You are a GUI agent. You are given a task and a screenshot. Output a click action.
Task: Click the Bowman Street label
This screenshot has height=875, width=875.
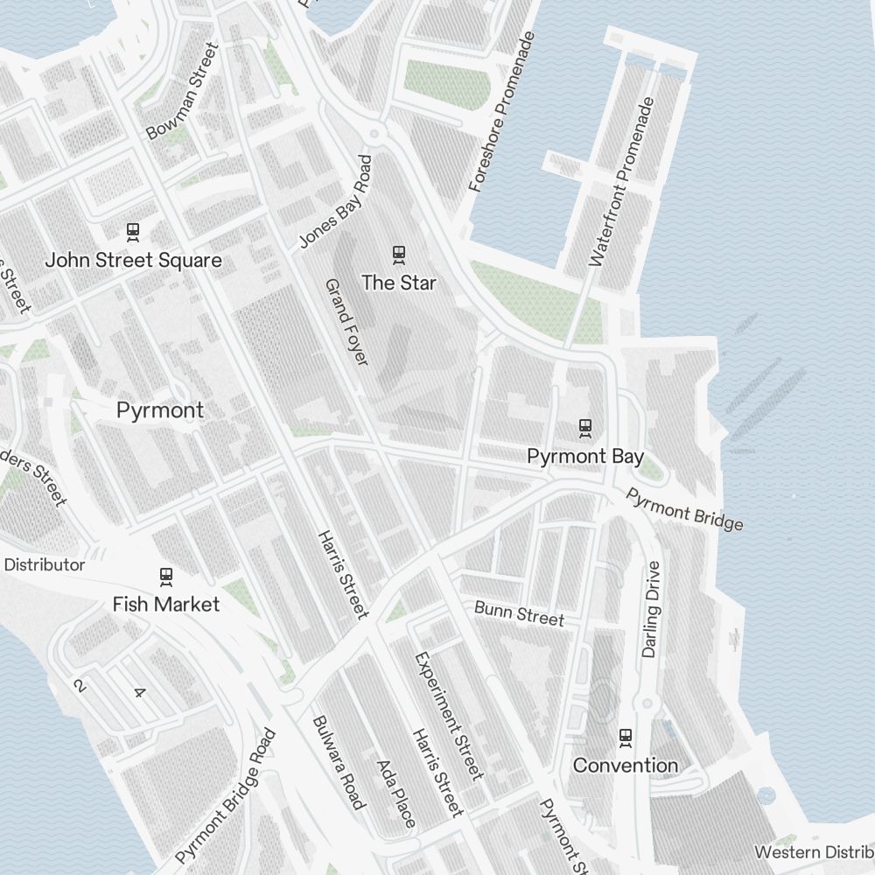[x=181, y=91]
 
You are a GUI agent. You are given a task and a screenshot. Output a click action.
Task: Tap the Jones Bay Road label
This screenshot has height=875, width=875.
[x=336, y=202]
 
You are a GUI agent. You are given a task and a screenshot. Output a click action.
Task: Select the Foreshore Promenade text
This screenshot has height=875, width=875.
[x=501, y=112]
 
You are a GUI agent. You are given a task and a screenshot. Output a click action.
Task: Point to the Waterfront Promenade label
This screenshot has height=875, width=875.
[x=622, y=182]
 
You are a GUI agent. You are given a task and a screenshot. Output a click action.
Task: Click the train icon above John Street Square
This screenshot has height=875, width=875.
[x=133, y=232]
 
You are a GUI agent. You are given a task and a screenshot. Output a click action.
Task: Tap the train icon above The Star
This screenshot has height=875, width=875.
[x=399, y=255]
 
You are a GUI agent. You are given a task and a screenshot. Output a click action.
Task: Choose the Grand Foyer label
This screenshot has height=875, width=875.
[x=347, y=322]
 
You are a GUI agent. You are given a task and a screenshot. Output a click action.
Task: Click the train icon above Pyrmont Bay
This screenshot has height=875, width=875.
[x=585, y=428]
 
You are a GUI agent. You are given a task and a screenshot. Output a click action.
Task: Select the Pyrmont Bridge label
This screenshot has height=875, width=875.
[x=684, y=509]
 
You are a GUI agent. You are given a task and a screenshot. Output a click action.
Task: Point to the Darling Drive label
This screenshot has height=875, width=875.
[x=650, y=609]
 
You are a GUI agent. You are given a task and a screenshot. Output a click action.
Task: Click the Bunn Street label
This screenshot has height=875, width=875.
[x=519, y=612]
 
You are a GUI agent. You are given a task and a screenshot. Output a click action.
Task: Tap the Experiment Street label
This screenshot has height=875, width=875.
[x=448, y=715]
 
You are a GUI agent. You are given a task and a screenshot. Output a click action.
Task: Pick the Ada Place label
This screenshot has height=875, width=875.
[x=395, y=793]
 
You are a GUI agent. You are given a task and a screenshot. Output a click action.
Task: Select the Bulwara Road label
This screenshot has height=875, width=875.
[x=338, y=762]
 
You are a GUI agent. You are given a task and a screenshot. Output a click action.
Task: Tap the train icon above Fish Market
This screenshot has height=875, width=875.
[x=166, y=577]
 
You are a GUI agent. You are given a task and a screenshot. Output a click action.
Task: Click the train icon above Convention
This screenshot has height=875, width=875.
[x=626, y=738]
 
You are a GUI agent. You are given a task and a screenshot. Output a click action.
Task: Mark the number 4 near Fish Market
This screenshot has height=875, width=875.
[x=138, y=693]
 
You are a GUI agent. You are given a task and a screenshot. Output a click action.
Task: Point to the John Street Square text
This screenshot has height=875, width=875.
[x=133, y=261]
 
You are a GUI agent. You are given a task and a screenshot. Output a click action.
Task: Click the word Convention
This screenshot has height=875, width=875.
[x=626, y=766]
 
